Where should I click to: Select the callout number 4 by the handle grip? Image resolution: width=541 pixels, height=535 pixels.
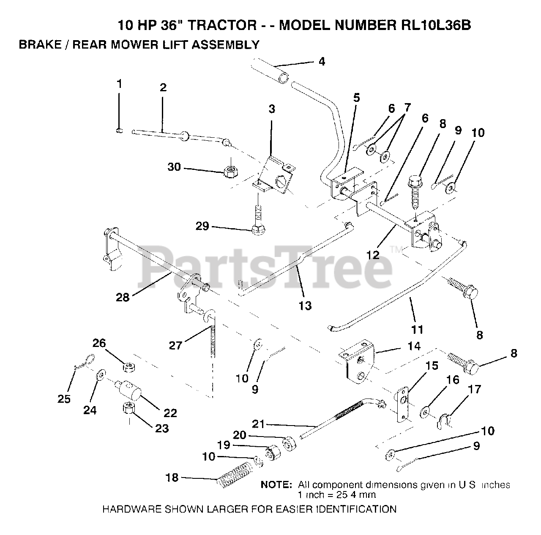322,62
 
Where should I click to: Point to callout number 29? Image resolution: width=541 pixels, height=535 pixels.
202,227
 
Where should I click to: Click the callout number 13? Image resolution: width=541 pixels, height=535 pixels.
305,305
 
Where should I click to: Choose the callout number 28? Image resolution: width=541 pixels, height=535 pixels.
123,298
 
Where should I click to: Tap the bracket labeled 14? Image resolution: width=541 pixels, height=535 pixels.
358,360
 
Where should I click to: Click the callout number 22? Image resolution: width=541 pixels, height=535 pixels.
170,413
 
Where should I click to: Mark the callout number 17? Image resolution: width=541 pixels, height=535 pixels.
475,389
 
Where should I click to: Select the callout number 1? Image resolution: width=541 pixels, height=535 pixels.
119,84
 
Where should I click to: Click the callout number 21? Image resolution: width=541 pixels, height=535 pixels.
258,424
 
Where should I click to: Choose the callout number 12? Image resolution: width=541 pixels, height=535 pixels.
373,255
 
